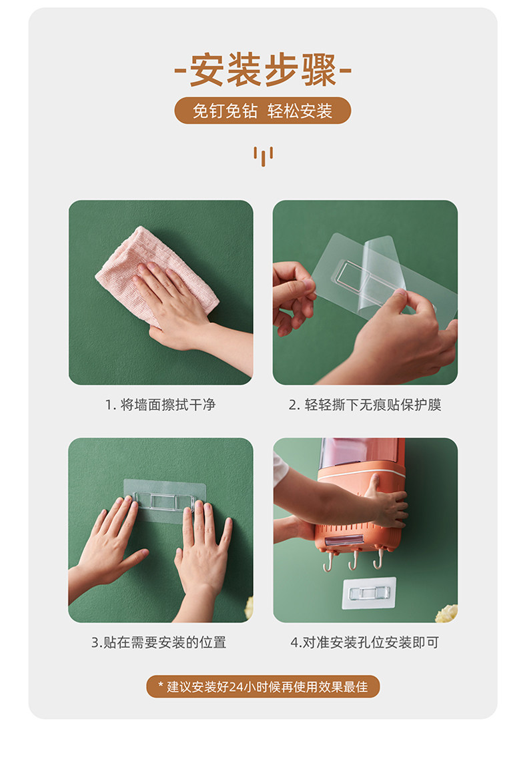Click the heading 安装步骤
[263, 71]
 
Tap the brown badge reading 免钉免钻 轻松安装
[263, 111]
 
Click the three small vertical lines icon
[263, 155]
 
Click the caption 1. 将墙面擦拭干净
[160, 405]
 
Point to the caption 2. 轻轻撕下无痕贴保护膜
[365, 405]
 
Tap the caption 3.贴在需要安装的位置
[159, 642]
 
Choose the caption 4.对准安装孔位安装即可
[365, 642]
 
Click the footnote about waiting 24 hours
[263, 687]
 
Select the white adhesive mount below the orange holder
[369, 593]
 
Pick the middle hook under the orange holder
[354, 560]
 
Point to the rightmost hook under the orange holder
[379, 558]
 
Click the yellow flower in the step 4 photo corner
[448, 614]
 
